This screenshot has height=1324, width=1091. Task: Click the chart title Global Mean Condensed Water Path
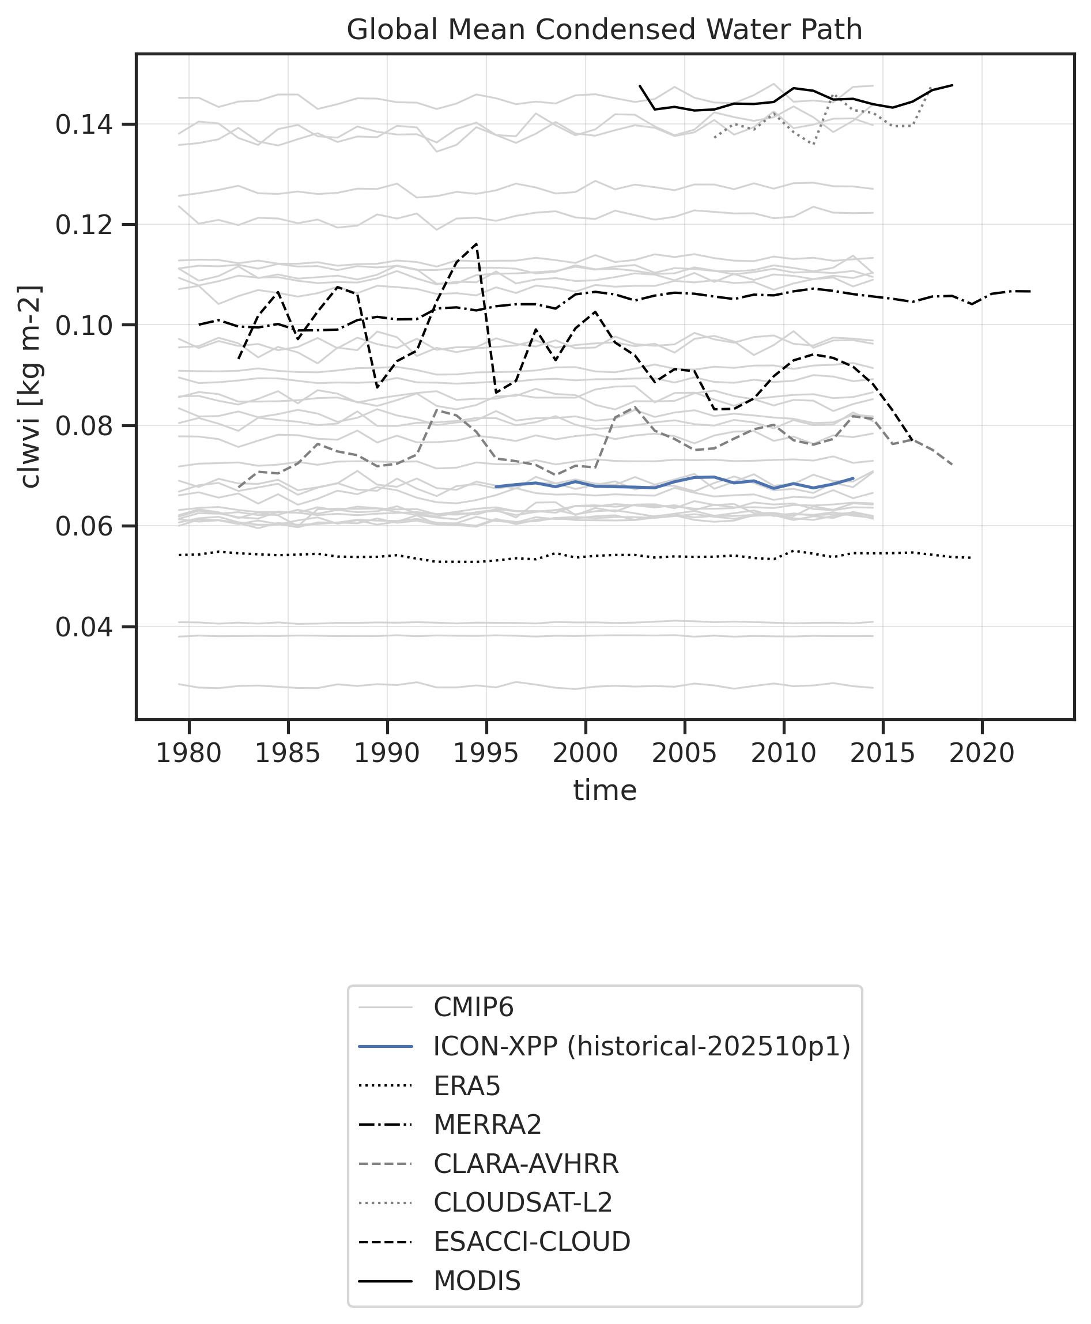[604, 29]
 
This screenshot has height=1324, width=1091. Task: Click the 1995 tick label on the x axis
[486, 753]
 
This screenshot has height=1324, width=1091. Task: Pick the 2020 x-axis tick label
[981, 753]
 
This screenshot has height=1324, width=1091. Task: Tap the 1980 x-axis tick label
[188, 753]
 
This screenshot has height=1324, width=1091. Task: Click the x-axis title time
[605, 790]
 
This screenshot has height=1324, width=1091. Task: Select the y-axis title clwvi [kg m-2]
[30, 386]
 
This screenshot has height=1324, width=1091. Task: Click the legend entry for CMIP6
[473, 1008]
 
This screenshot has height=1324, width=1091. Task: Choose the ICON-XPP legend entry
[641, 1046]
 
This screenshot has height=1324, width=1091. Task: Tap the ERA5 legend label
[467, 1086]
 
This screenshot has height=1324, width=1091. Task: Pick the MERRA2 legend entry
[487, 1124]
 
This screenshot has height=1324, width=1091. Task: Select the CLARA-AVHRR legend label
[526, 1164]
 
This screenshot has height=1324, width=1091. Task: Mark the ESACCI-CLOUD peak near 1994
[477, 244]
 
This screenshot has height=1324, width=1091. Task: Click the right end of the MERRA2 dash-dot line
[1029, 292]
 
